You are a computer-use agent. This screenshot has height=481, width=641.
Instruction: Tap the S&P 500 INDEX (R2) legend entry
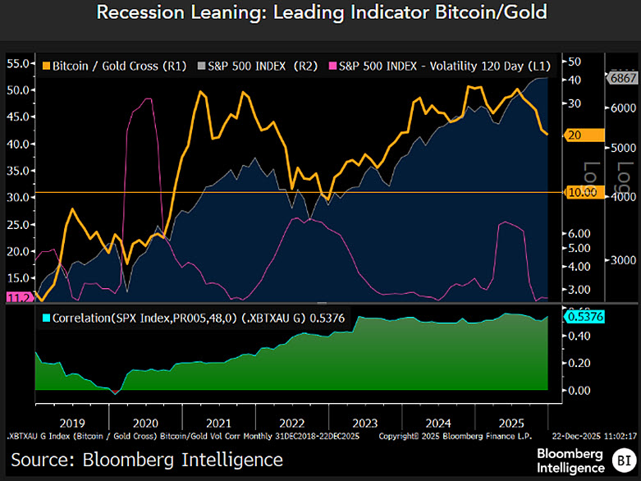251,65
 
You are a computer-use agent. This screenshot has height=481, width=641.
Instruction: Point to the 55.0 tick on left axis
18,63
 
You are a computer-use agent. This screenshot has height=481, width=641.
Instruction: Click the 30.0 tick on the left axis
18,198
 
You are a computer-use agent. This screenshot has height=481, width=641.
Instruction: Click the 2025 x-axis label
505,423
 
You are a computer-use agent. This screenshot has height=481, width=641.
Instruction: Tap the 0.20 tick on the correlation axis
579,362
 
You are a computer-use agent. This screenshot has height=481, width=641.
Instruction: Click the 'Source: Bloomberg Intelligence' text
147,459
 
